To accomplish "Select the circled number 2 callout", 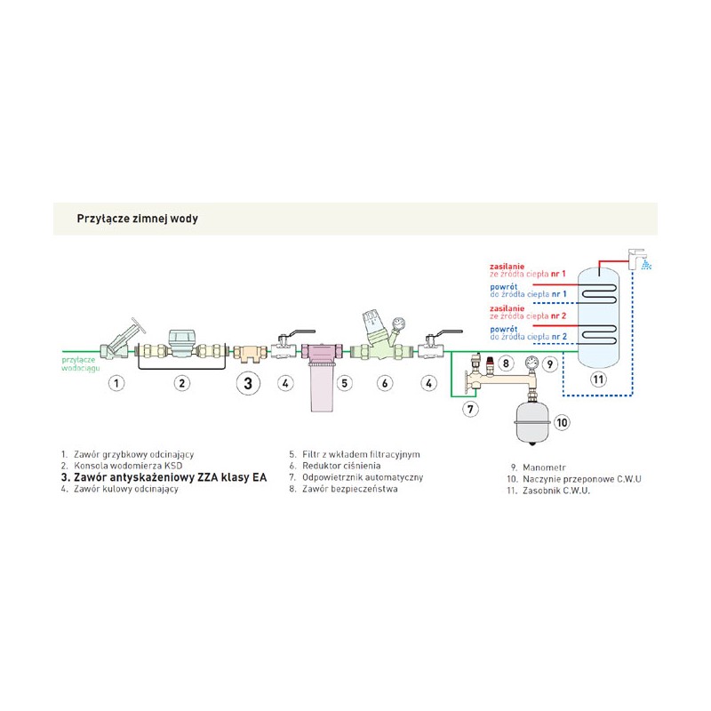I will [x=181, y=384].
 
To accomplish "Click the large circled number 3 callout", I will [x=249, y=384].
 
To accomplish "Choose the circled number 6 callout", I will [x=385, y=384].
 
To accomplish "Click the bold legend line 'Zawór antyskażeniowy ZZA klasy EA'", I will [x=164, y=477].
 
